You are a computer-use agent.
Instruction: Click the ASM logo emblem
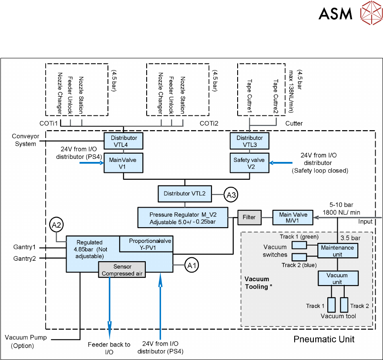point(370,13)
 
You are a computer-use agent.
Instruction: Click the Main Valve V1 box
point(124,163)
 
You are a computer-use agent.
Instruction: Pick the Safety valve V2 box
point(249,163)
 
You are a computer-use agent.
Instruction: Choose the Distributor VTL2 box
point(185,193)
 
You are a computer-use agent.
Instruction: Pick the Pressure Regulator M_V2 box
point(183,217)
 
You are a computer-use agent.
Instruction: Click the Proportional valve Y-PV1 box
point(145,244)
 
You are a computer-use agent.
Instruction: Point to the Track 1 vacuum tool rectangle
point(332,304)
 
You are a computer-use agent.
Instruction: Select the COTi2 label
point(208,124)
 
